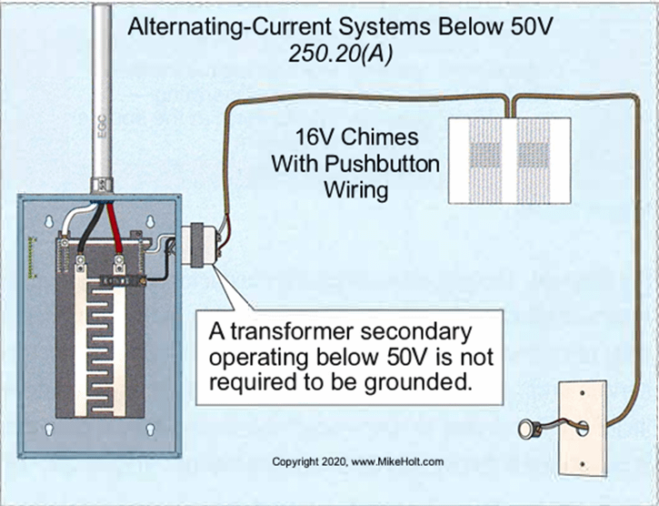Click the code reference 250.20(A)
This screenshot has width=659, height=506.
tap(339, 53)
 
